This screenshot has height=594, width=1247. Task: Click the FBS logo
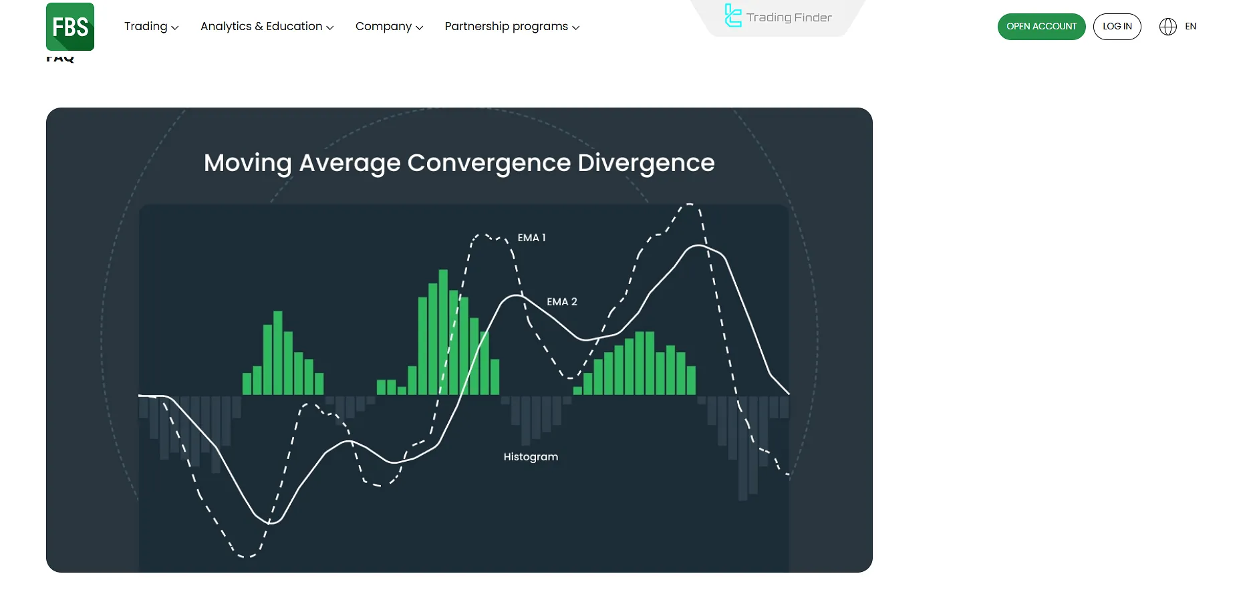tap(70, 27)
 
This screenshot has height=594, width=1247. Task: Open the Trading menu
tap(151, 27)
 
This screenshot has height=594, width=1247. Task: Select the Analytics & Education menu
tap(267, 27)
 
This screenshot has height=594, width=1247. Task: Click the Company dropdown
tap(389, 27)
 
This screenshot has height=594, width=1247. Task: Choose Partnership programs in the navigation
tap(512, 27)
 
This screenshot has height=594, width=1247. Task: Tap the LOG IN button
tap(1117, 27)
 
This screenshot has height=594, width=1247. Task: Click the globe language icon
tap(1167, 27)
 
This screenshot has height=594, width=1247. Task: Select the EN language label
tap(1190, 27)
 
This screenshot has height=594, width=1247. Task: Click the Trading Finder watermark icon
tap(733, 16)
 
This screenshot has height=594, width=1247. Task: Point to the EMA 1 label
tap(531, 238)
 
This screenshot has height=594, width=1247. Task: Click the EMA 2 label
tap(561, 302)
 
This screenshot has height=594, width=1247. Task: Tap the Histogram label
tap(531, 457)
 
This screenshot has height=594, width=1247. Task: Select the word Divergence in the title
tap(646, 163)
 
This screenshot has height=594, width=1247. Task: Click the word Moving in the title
tap(247, 163)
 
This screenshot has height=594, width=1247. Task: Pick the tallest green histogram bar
tap(443, 332)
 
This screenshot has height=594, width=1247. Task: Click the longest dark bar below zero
tap(742, 448)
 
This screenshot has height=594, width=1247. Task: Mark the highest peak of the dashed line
tap(689, 204)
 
